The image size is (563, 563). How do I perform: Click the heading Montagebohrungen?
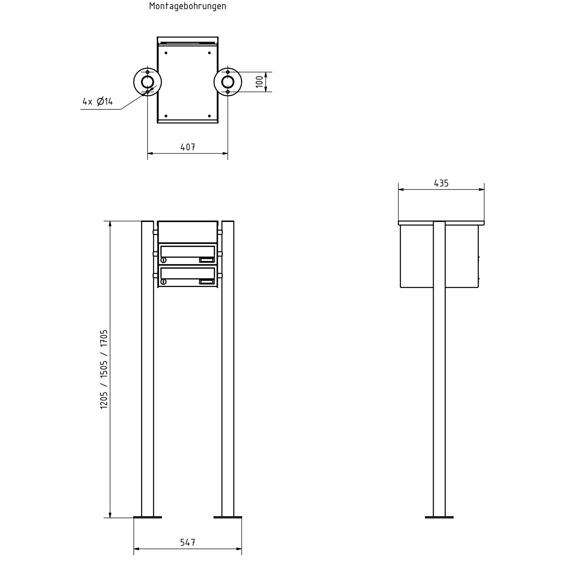pyautogui.click(x=188, y=6)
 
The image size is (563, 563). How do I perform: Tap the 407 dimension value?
pyautogui.click(x=188, y=147)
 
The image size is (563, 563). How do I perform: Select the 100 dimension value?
pyautogui.click(x=260, y=82)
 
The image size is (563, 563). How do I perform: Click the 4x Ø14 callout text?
pyautogui.click(x=98, y=101)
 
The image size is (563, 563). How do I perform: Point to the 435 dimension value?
pyautogui.click(x=441, y=183)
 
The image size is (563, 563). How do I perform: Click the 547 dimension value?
pyautogui.click(x=188, y=542)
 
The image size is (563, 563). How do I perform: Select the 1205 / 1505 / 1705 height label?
pyautogui.click(x=104, y=369)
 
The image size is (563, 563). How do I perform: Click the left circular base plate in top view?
pyautogui.click(x=134, y=82)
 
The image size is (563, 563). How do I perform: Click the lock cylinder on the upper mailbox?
pyautogui.click(x=163, y=260)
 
